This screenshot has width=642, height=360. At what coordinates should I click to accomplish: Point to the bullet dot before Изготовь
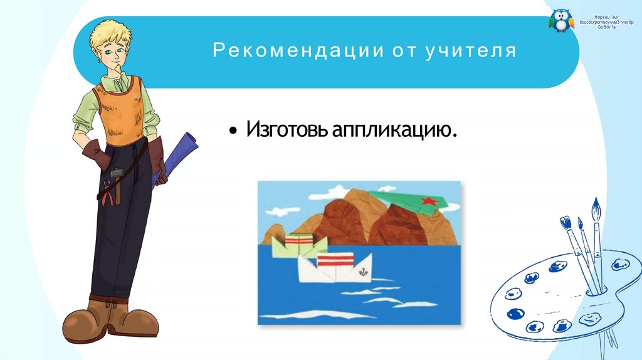click(x=233, y=132)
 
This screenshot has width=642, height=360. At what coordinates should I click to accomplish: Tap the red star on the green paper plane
click(x=429, y=201)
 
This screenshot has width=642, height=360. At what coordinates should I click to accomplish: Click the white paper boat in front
click(x=332, y=270)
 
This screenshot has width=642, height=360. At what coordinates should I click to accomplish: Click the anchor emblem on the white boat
click(x=362, y=273)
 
